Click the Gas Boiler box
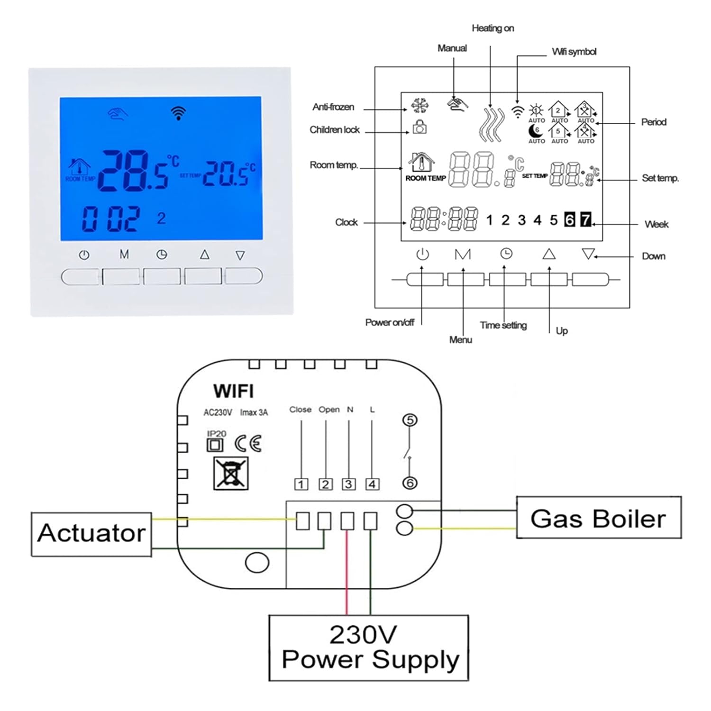point(598,518)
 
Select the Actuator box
point(91,534)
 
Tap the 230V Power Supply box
point(369,647)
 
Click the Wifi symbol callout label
point(574,52)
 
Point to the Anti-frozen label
point(333,107)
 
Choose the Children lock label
point(334,130)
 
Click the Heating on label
point(492,28)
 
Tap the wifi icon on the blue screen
point(178,113)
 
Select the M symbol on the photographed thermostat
point(124,255)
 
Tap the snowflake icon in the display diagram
point(419,105)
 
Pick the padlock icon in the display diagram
point(419,127)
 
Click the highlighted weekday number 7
point(586,219)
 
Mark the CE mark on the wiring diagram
point(248,444)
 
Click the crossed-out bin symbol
point(231,473)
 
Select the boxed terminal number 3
point(349,484)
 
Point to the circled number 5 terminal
point(410,420)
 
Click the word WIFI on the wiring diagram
point(233,392)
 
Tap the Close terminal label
point(300,410)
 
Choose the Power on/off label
point(390,323)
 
